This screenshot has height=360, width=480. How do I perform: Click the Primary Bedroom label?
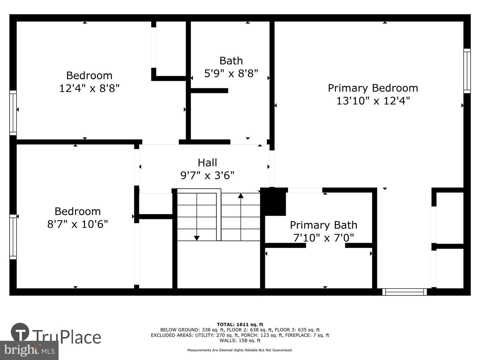coord(373,88)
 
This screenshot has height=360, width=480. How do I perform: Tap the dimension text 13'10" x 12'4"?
coord(373,101)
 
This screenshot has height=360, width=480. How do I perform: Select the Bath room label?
coord(231,61)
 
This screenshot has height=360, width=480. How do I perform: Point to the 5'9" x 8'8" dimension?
coord(231,73)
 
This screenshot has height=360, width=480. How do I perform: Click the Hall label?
coord(207,163)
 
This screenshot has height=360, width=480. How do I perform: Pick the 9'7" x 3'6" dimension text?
coord(207,175)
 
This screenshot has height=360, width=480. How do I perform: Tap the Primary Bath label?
coord(323,225)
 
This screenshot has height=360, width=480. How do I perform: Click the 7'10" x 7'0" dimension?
coord(323,238)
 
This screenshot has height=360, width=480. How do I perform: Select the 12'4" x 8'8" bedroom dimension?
coord(89,88)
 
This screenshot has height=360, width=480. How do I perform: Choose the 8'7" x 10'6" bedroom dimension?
coord(78,224)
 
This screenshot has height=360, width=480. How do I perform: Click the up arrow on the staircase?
coord(241,196)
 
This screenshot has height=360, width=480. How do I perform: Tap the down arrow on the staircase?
coord(197,238)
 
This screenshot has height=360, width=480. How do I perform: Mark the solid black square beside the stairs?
coord(273,202)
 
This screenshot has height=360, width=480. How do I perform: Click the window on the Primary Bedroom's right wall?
coord(467,71)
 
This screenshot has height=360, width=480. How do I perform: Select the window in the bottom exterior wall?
coord(404,292)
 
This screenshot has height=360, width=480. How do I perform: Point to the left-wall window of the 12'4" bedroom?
coord(13,113)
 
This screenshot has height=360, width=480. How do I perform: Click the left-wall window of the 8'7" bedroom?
coord(13,237)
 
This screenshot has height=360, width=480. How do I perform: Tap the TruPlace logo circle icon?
coord(20,332)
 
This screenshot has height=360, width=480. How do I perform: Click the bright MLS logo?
coord(29,350)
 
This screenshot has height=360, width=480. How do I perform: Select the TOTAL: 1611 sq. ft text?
coord(240,324)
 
